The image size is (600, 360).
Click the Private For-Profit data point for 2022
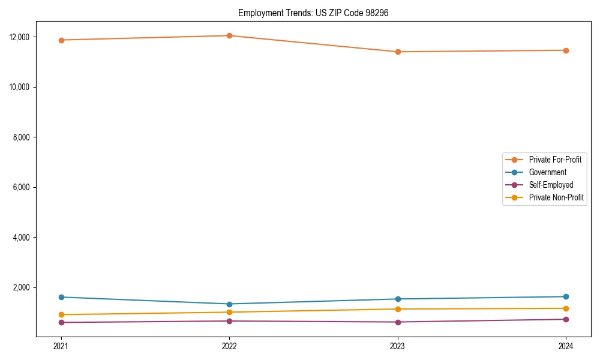click(229, 35)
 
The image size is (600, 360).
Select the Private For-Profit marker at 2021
click(61, 40)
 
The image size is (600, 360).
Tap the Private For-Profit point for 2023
click(398, 52)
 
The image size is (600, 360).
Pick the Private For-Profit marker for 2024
click(566, 50)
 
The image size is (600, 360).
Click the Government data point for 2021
click(61, 297)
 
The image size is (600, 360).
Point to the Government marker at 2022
click(229, 304)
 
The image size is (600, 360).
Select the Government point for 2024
click(566, 296)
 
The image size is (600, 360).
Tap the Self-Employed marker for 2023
click(398, 322)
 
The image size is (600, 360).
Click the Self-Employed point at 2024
click(566, 319)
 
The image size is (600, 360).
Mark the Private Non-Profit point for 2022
click(229, 312)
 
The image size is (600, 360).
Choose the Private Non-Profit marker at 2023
click(398, 309)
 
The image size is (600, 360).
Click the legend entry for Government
click(547, 172)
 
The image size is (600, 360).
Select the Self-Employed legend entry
click(551, 185)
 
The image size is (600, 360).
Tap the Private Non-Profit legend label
click(556, 197)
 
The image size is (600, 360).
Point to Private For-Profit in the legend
click(555, 160)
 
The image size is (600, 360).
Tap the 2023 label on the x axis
click(398, 346)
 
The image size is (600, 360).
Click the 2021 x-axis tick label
click(61, 346)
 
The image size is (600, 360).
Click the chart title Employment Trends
click(313, 13)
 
